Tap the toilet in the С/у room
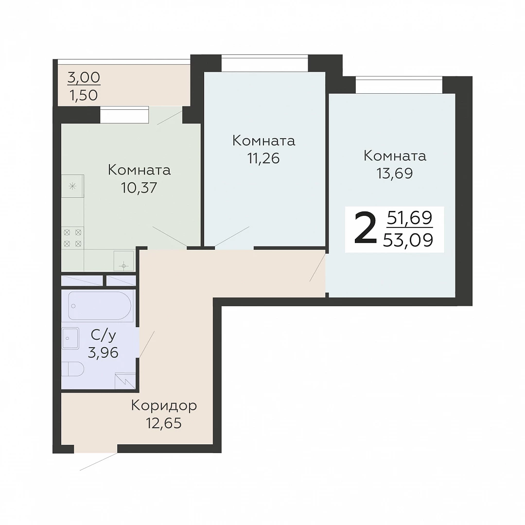pos(72,369)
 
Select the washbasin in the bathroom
pos(70,338)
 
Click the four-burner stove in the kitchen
pos(72,238)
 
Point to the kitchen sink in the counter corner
pos(123,261)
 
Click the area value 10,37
pos(139,188)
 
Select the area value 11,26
pos(263,158)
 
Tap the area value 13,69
pos(395,174)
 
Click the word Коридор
pos(164,406)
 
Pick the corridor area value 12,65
pos(164,423)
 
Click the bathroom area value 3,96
pos(103,352)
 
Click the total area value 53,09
pos(408,240)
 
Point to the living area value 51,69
pos(410,218)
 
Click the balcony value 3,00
pos(84,78)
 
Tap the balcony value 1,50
pos(84,95)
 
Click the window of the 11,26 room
pos(264,63)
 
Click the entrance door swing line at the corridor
pos(98,462)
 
